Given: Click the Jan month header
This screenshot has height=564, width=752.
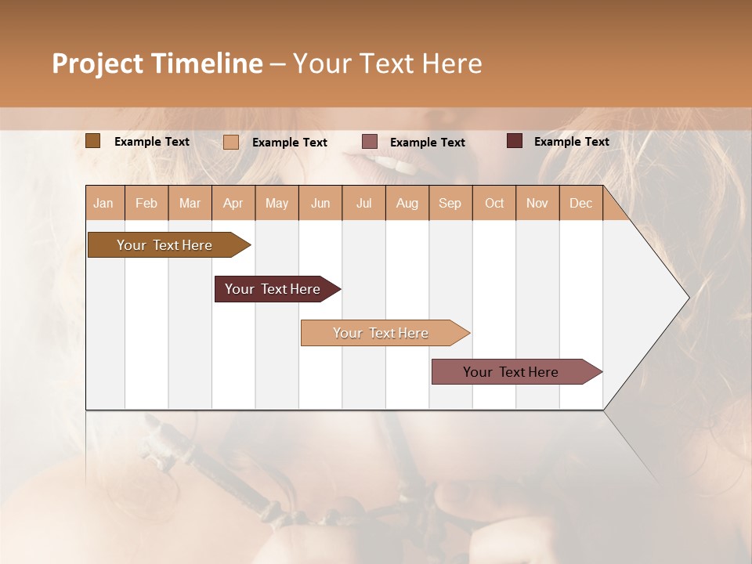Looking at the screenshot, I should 103,204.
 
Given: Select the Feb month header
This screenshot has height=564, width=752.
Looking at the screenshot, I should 146,204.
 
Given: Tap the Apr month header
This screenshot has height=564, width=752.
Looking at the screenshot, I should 233,204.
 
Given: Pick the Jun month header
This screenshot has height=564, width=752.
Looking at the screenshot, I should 320,204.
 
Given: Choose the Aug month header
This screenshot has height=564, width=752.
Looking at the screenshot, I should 407,204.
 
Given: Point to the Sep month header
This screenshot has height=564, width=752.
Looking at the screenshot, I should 450,204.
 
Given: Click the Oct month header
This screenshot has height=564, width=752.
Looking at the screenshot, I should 494,204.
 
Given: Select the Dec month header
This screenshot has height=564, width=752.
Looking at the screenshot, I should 580,204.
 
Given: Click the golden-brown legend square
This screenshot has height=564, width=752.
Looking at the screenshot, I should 92,141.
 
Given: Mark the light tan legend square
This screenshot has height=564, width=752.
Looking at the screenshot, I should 230,142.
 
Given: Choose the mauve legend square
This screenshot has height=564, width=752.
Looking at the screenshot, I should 370,142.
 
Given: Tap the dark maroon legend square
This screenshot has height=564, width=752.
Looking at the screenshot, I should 514,141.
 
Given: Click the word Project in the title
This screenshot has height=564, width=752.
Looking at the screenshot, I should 98,64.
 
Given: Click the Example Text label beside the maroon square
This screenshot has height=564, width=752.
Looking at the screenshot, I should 571,142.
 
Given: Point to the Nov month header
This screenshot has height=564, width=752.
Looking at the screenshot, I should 537,204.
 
